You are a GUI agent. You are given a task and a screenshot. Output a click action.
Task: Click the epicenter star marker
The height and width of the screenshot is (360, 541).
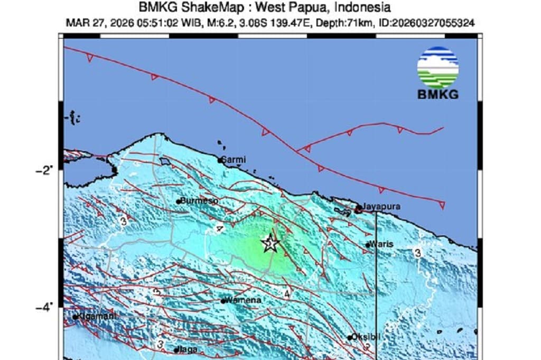click(x=270, y=244)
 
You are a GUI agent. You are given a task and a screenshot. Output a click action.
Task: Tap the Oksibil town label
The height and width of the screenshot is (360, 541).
click(x=366, y=337)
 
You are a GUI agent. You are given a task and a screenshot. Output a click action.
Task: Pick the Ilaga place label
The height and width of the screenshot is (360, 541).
click(x=189, y=349)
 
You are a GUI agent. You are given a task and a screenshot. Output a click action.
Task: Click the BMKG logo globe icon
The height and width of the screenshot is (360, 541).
click(x=437, y=67)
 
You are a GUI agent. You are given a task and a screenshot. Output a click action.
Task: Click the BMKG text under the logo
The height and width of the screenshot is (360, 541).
click(x=437, y=95)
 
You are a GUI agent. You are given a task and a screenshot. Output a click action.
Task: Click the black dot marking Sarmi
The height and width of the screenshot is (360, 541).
click(x=220, y=160)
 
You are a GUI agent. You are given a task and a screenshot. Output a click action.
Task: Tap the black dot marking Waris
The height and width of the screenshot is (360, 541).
click(x=368, y=245)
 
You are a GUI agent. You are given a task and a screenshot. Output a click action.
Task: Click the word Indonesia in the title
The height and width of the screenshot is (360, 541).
click(x=363, y=8)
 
